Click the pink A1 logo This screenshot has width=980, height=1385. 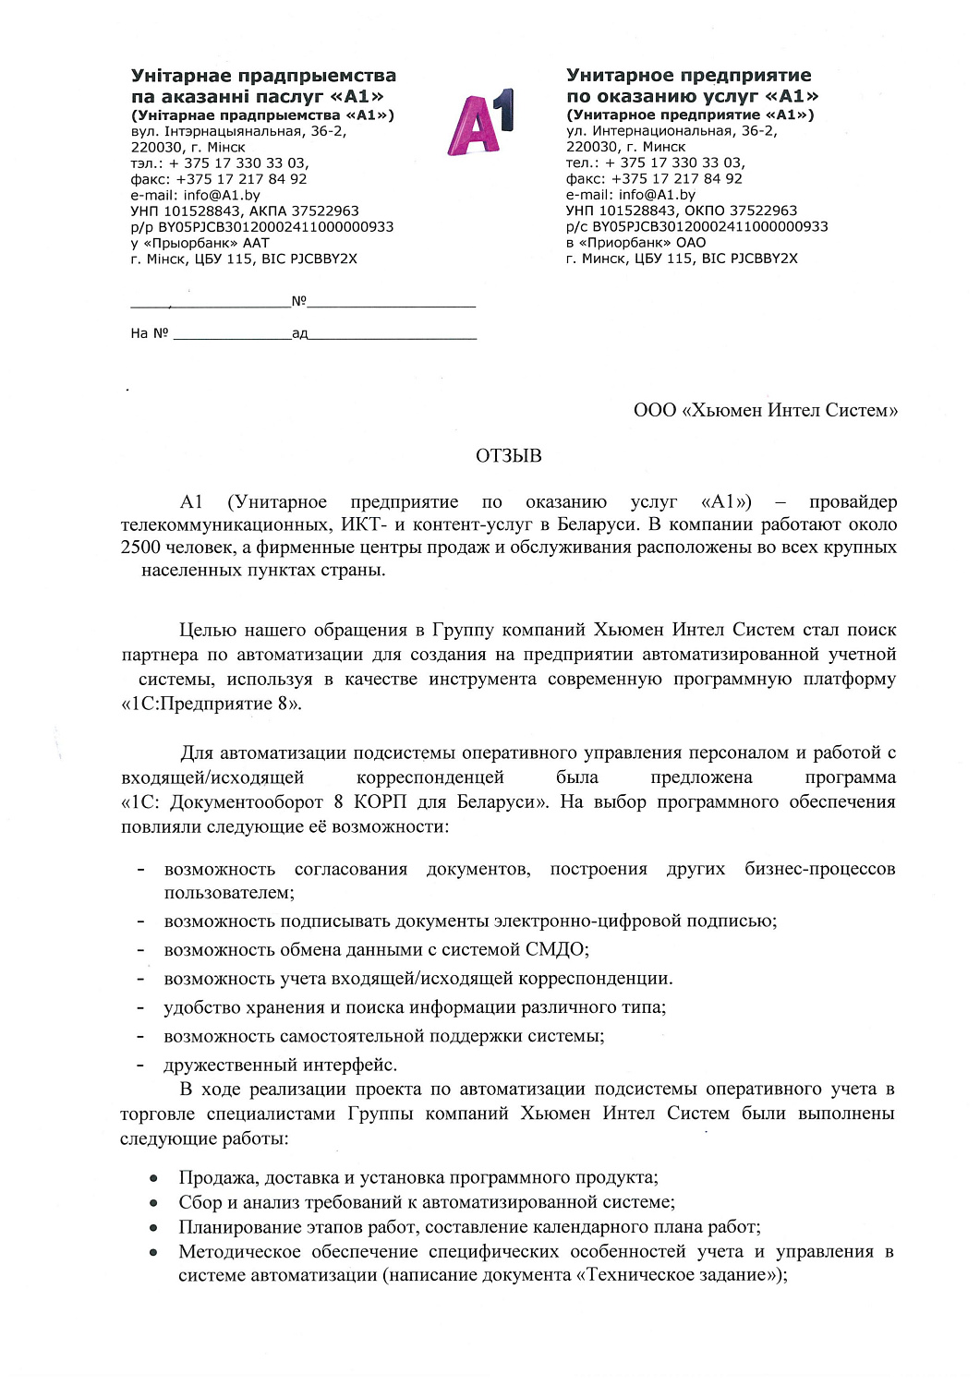click(480, 123)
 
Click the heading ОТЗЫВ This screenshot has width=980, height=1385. click(508, 456)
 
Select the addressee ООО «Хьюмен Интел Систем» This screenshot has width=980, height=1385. click(765, 411)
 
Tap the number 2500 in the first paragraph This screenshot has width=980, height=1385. click(140, 548)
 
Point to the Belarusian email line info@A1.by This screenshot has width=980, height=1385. click(195, 195)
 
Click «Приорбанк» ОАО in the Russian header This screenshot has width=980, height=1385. click(635, 243)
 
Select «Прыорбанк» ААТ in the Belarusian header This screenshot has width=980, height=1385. click(200, 243)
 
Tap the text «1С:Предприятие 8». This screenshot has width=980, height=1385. click(211, 704)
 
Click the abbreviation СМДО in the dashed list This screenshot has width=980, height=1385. click(555, 950)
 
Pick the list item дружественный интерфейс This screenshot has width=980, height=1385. click(280, 1065)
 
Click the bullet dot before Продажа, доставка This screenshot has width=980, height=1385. click(154, 1179)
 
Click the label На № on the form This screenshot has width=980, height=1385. click(149, 333)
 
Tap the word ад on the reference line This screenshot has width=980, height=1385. click(299, 333)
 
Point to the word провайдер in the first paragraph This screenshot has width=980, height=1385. click(852, 502)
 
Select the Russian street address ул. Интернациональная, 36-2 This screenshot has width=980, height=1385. click(671, 131)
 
